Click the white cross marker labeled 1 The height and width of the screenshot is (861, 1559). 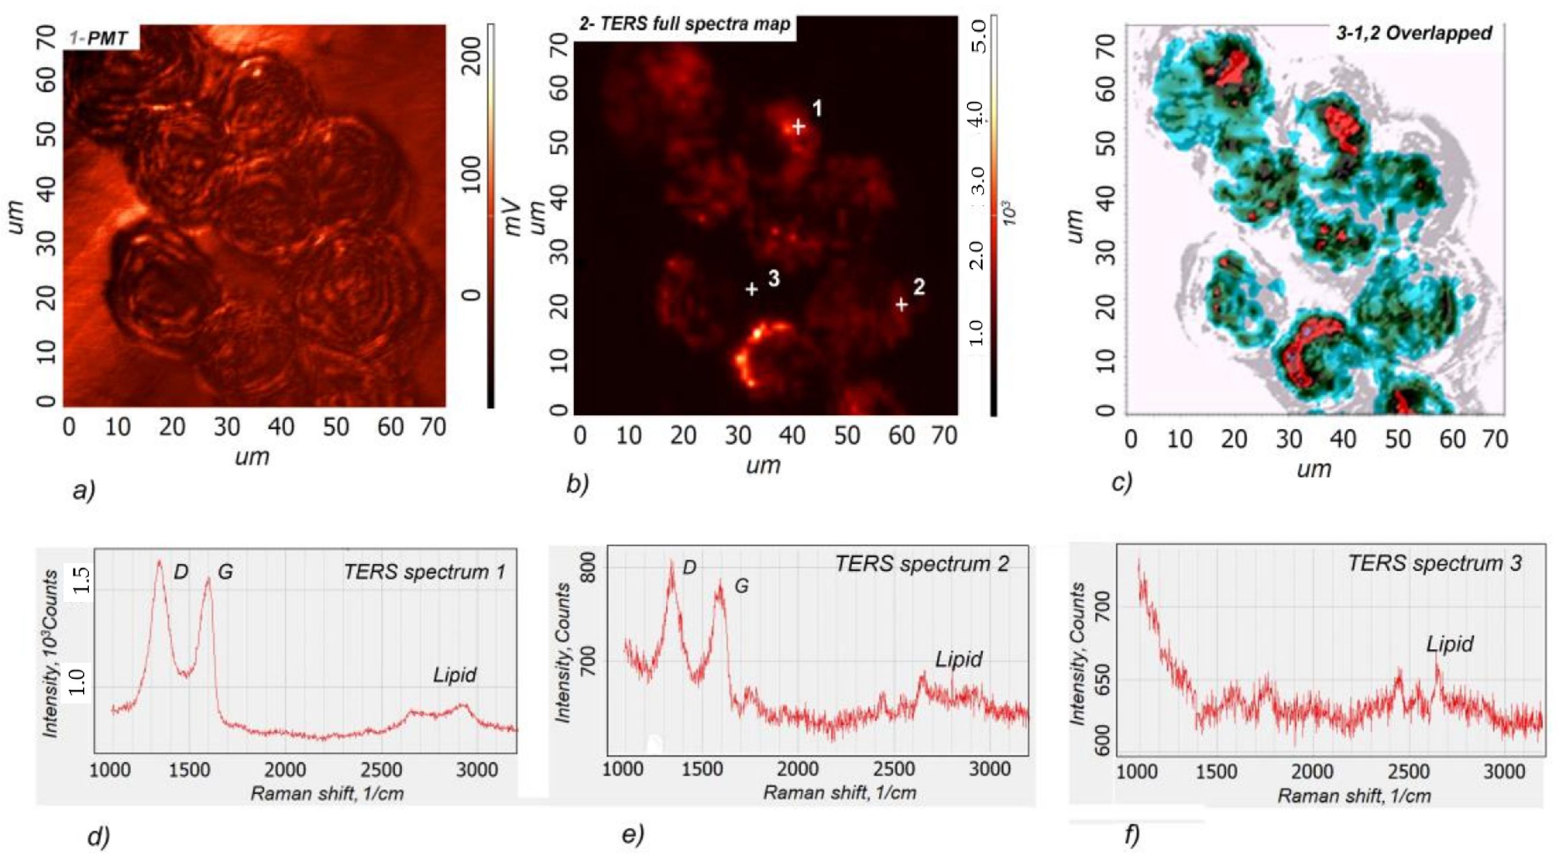click(798, 127)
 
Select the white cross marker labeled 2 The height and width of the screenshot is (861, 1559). click(902, 305)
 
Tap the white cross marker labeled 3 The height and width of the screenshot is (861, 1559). click(751, 290)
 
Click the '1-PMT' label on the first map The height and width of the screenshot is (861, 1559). click(98, 39)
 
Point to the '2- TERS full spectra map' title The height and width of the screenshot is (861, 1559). click(684, 24)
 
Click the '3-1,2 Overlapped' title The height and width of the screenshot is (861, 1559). click(1415, 33)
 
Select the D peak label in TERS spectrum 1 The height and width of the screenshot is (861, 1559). click(181, 572)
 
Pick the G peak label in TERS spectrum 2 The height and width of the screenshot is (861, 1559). click(741, 585)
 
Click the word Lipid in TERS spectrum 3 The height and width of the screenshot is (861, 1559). click(1450, 644)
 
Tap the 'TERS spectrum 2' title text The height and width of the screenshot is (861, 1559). click(922, 564)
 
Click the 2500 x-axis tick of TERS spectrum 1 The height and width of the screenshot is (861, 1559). click(381, 770)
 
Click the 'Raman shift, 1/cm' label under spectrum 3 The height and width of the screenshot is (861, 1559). click(1354, 795)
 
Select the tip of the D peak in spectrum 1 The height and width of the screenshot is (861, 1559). click(159, 561)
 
